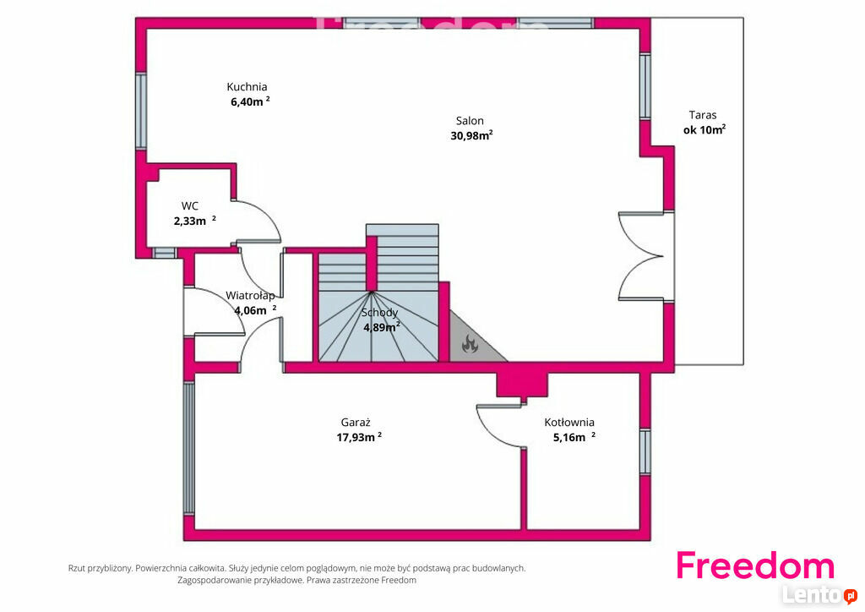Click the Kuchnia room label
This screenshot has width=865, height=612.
click(247, 86)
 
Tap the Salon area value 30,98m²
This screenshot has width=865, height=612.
click(471, 135)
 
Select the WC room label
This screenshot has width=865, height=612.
click(190, 206)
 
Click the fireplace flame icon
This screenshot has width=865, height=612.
click(470, 344)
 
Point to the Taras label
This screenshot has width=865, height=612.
click(703, 115)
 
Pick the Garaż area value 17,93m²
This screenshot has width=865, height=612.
click(359, 437)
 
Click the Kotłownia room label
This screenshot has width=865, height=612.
click(569, 422)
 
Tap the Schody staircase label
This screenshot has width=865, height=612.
click(379, 313)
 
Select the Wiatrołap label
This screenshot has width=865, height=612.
click(250, 295)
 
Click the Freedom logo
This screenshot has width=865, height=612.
click(755, 566)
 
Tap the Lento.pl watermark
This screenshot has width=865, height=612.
click(819, 595)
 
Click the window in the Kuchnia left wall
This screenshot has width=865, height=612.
click(141, 111)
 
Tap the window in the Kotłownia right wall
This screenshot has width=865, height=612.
click(645, 451)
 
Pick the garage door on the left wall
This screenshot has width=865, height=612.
click(188, 448)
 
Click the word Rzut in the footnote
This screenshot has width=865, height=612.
click(77, 568)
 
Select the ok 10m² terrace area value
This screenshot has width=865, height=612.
click(705, 129)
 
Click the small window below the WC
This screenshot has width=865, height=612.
click(164, 254)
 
